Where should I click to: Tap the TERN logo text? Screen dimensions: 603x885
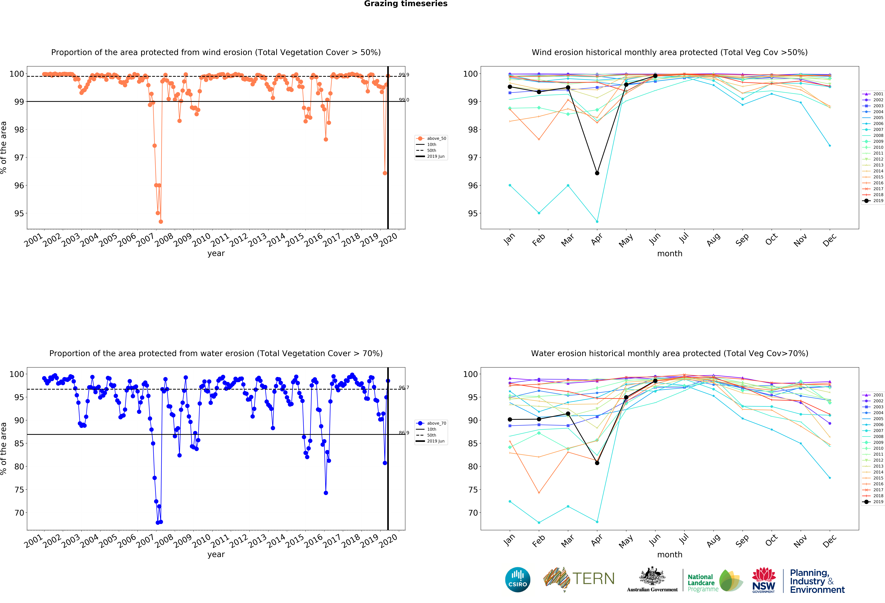(593, 579)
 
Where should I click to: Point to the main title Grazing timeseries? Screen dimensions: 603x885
(406, 4)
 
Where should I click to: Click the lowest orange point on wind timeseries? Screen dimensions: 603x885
(161, 222)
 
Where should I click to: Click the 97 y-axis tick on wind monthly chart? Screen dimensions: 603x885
(472, 158)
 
